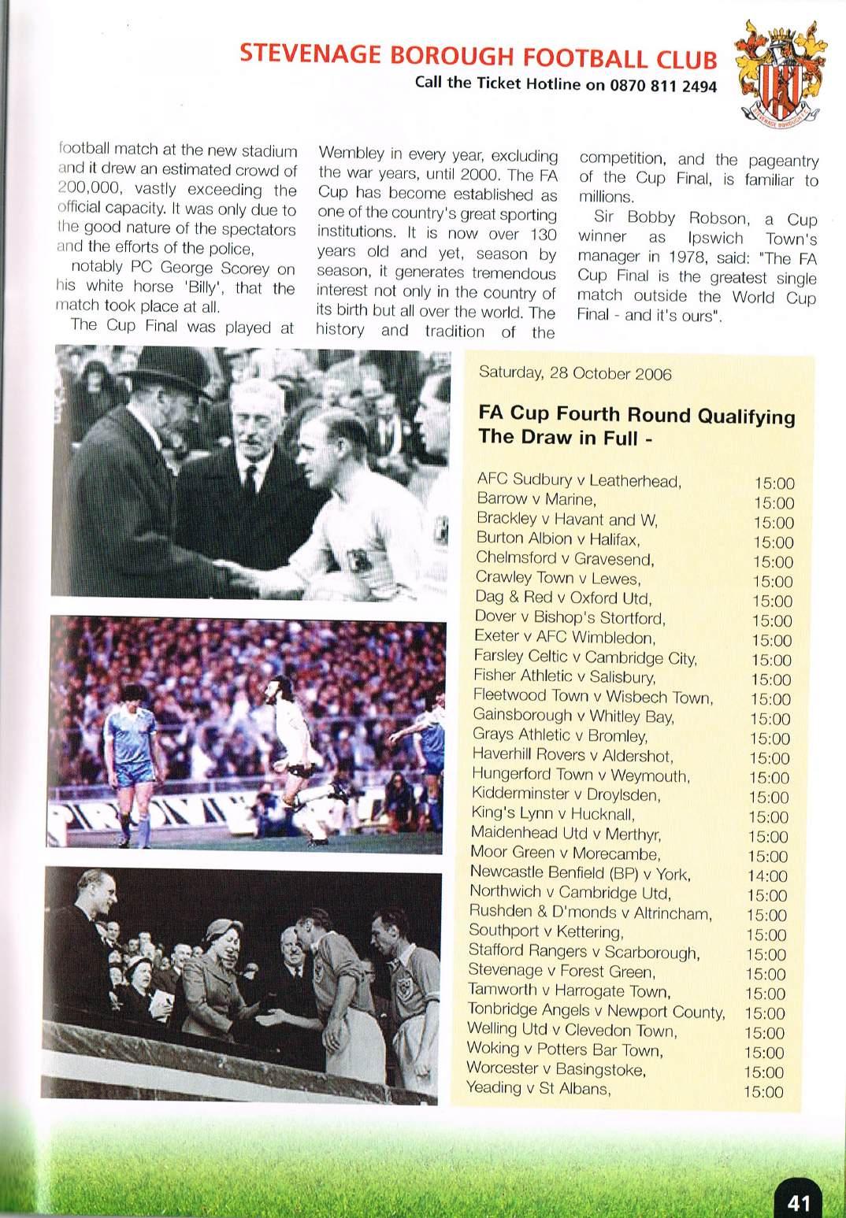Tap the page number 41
pos(798,1203)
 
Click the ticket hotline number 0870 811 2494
pos(662,87)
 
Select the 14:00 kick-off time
pos(766,876)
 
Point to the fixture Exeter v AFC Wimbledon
pos(564,637)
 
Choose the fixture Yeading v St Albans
pos(539,1089)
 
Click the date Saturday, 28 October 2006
pos(575,373)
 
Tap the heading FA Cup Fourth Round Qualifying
pos(636,415)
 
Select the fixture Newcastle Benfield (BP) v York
pos(580,873)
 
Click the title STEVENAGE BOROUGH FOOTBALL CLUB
pos(478,57)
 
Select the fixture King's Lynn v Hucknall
pos(553,814)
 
